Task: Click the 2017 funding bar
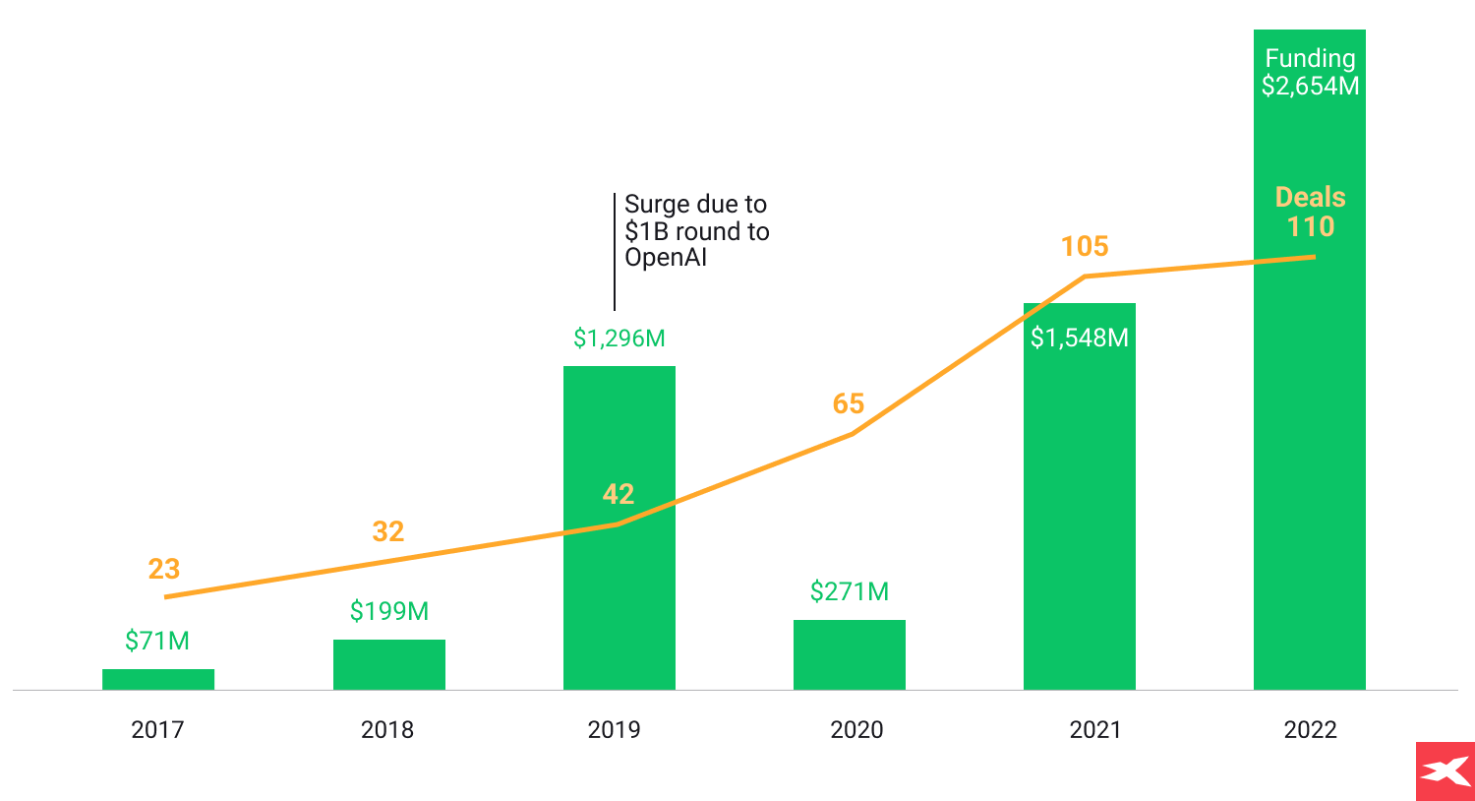[x=158, y=679]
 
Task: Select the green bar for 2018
[x=389, y=664]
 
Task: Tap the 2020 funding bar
[x=850, y=654]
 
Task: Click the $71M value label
[x=157, y=641]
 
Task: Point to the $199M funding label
[x=389, y=611]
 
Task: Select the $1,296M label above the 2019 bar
[x=619, y=339]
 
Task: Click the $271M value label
[x=850, y=591]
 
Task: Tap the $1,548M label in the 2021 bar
[x=1080, y=338]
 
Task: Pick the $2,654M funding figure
[x=1310, y=86]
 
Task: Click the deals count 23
[x=164, y=569]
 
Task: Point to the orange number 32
[x=388, y=531]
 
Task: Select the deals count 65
[x=849, y=403]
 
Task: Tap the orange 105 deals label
[x=1085, y=246]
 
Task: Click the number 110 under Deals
[x=1311, y=226]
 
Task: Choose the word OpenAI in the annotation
[x=666, y=258]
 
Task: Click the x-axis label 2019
[x=614, y=729]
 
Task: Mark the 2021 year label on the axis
[x=1095, y=729]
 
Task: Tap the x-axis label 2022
[x=1310, y=729]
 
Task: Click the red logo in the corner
[x=1445, y=770]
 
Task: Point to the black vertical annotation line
[x=615, y=252]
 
